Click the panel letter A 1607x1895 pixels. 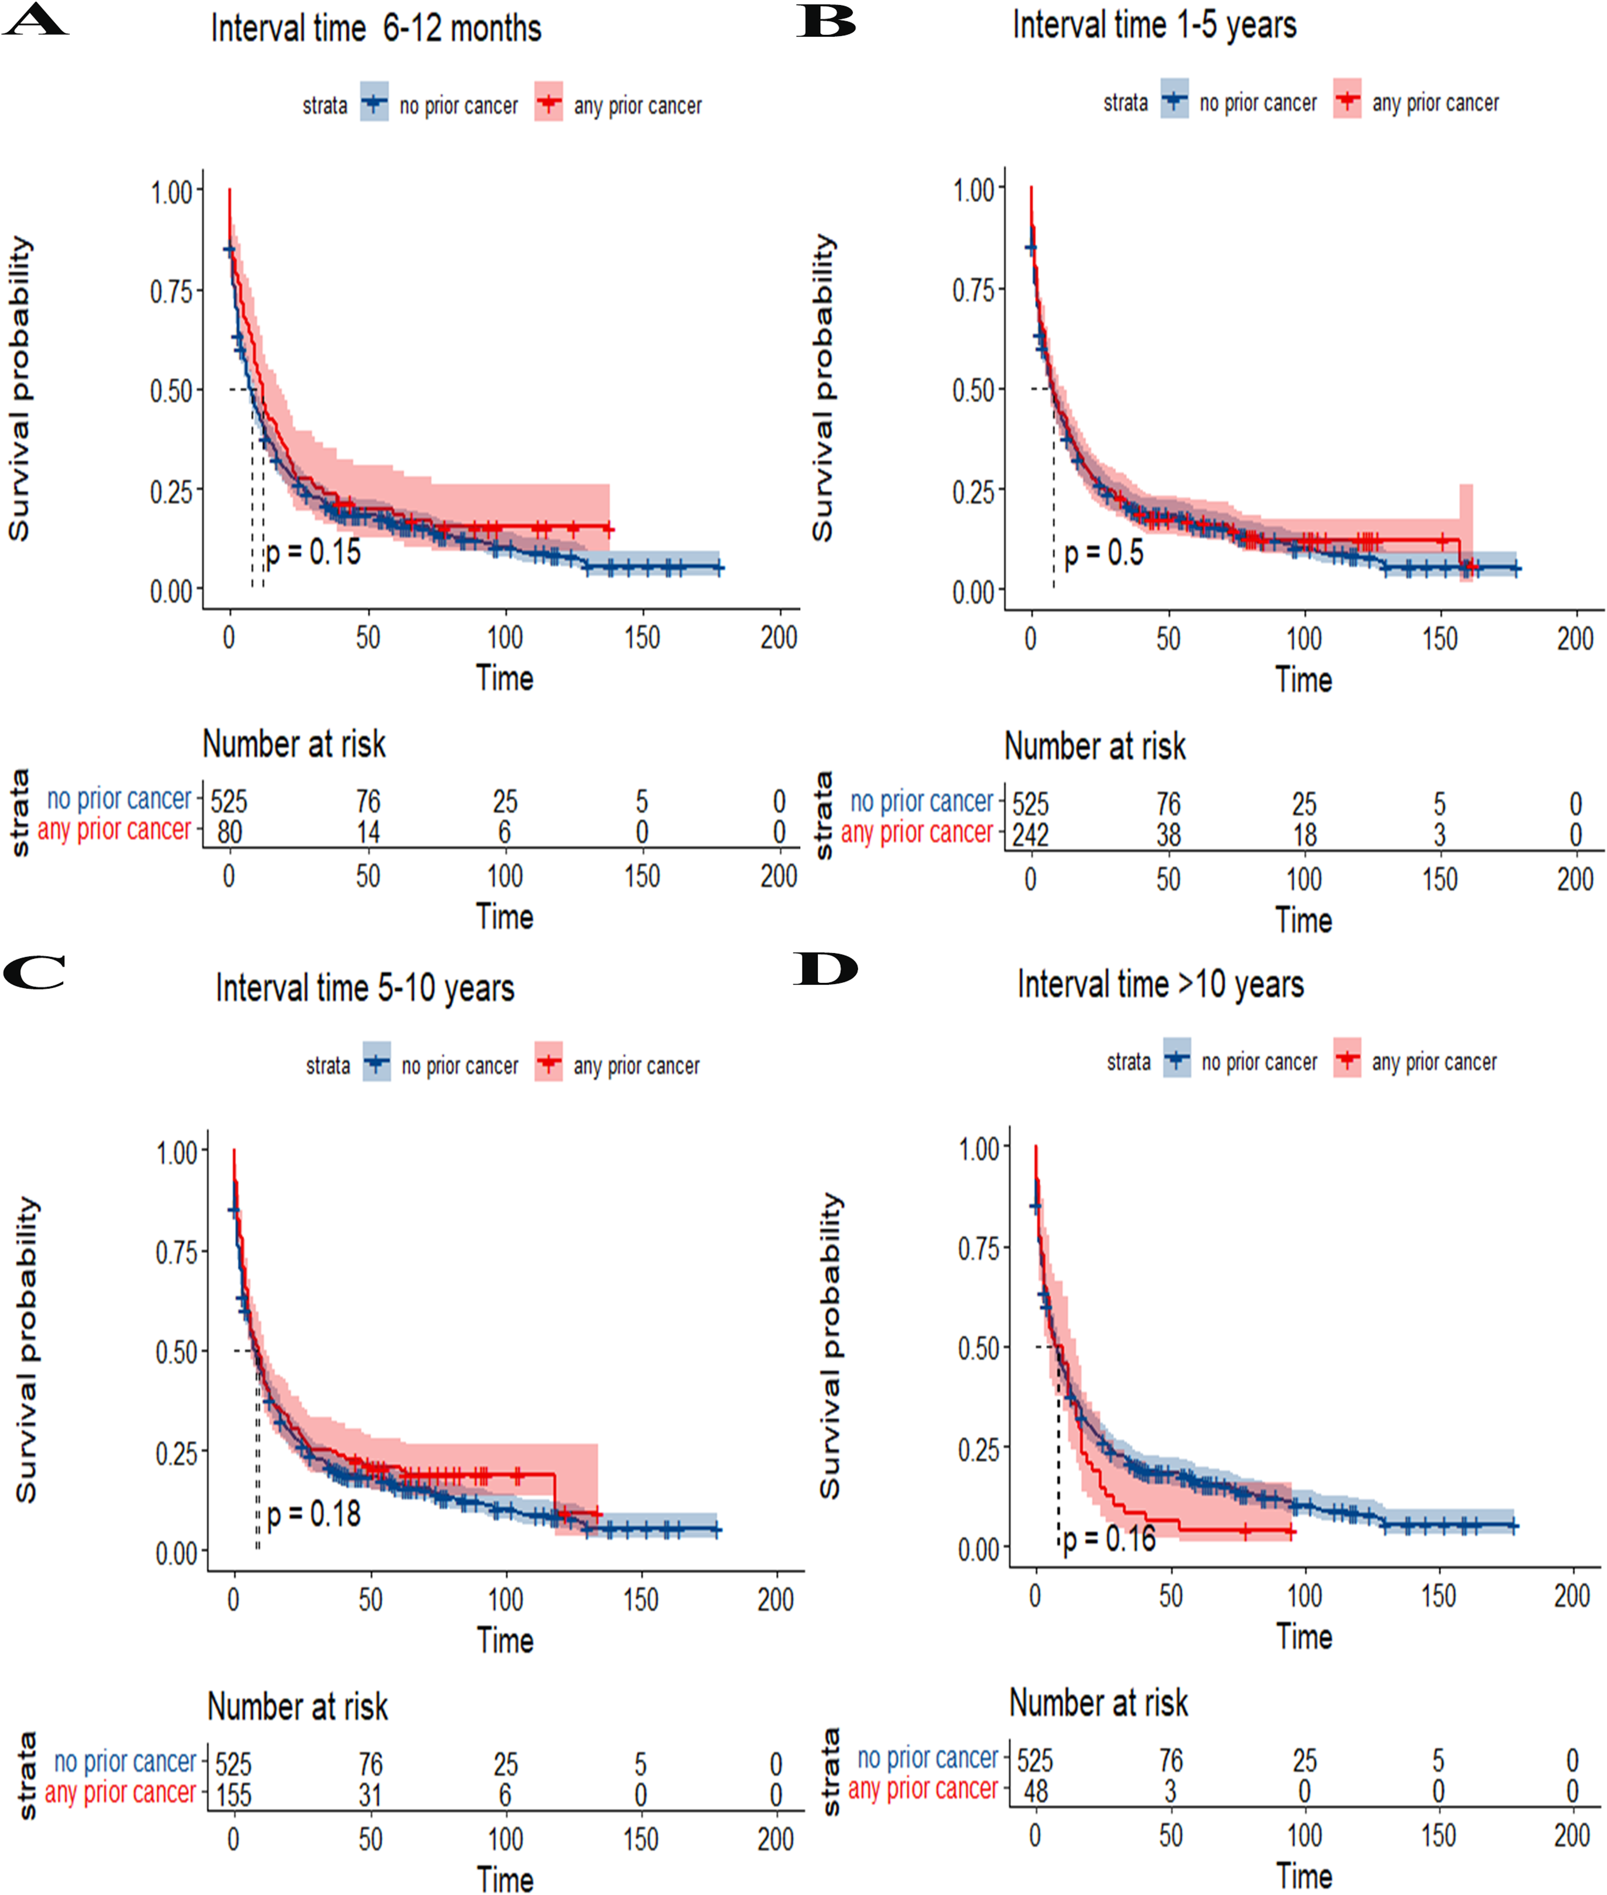[x=34, y=20]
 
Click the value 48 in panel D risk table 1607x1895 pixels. [x=1036, y=1791]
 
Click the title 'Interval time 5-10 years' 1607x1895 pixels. [x=365, y=988]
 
